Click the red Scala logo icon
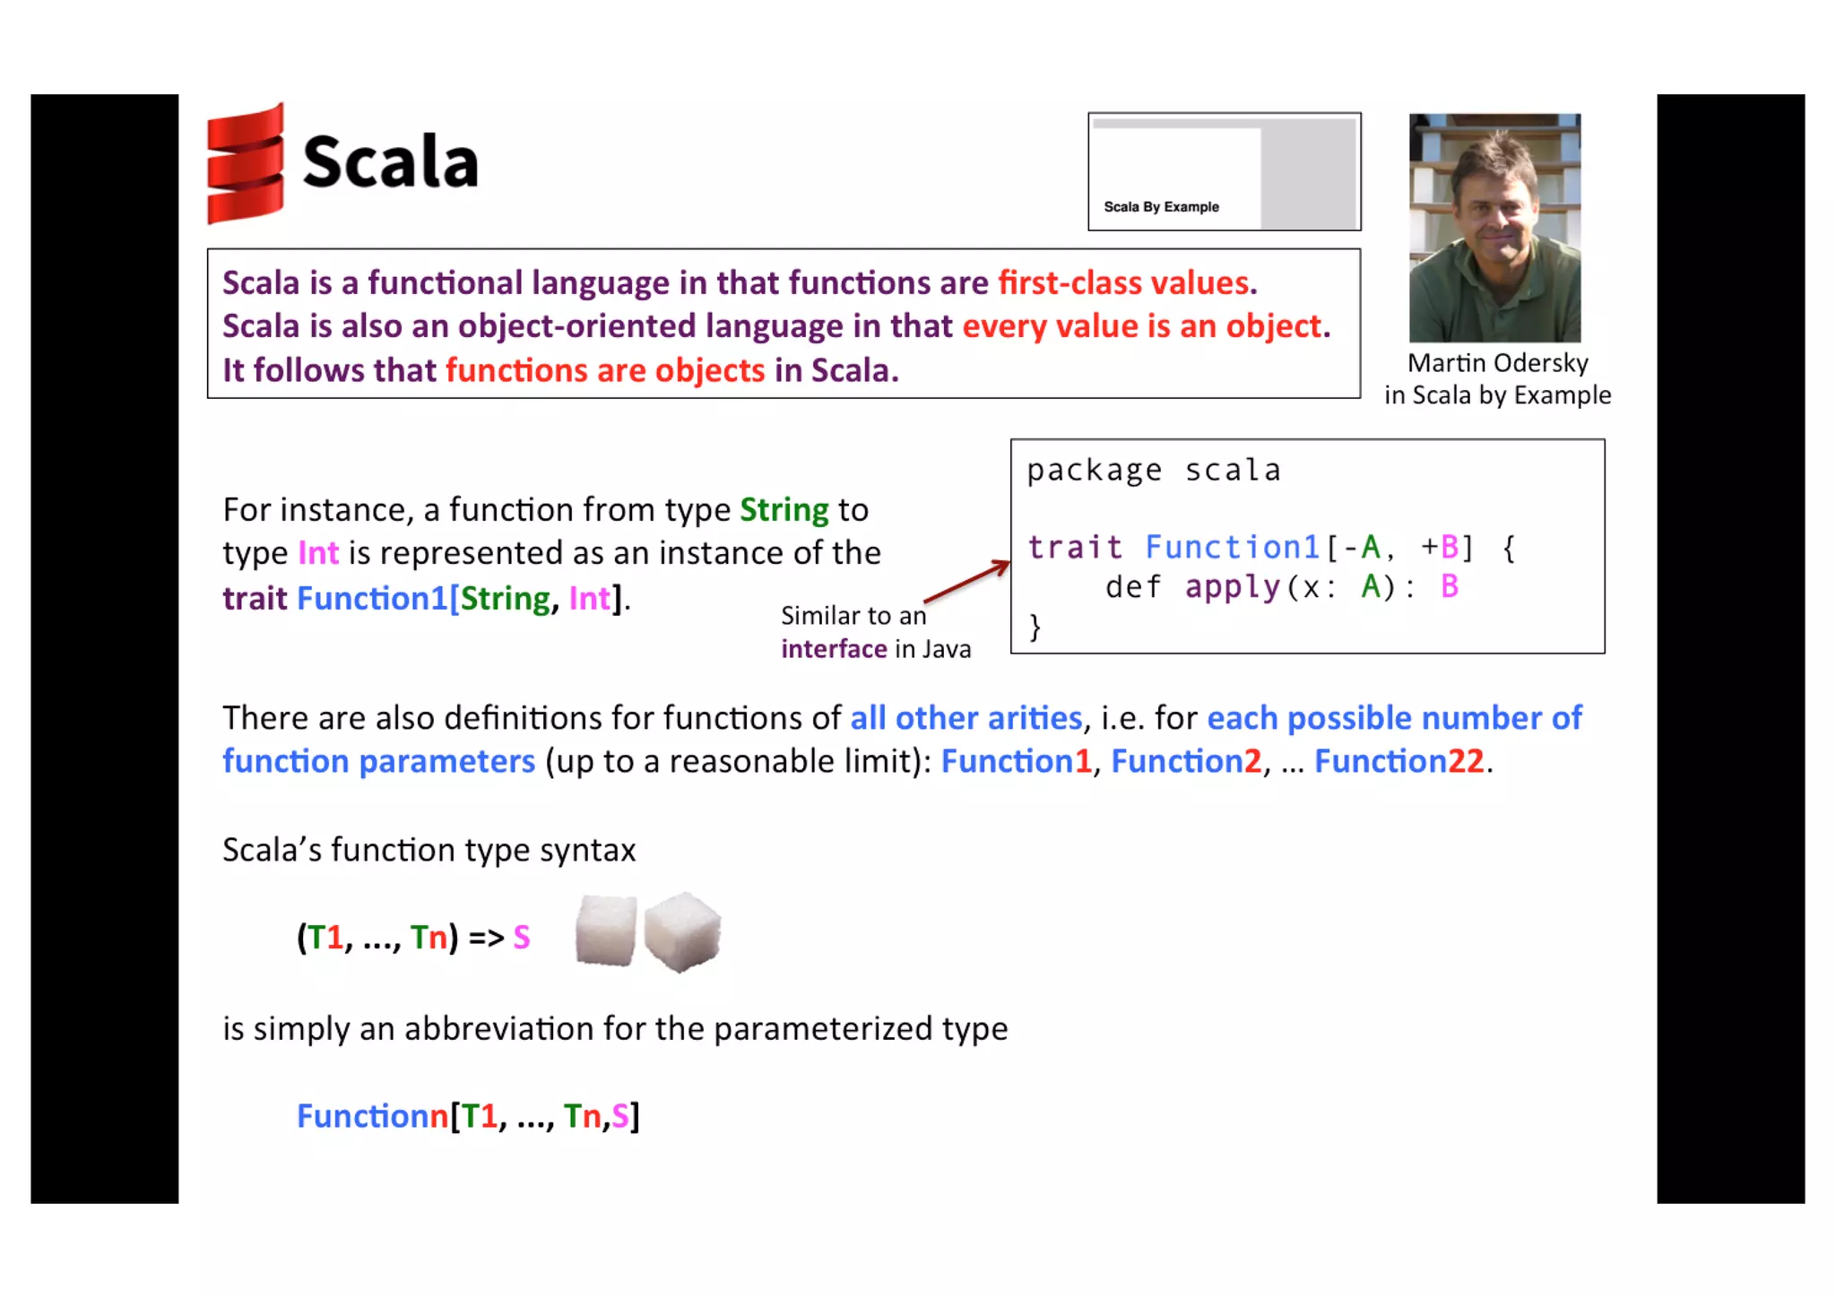pyautogui.click(x=245, y=163)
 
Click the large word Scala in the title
pyautogui.click(x=391, y=162)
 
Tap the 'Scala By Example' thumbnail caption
pyautogui.click(x=1161, y=207)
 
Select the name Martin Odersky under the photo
pyautogui.click(x=1497, y=363)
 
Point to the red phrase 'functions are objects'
pyautogui.click(x=605, y=370)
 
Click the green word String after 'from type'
pyautogui.click(x=784, y=510)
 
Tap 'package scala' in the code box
pyautogui.click(x=1153, y=471)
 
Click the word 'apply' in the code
pyautogui.click(x=1234, y=587)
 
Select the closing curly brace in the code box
pyautogui.click(x=1035, y=626)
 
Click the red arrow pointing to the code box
pyautogui.click(x=966, y=581)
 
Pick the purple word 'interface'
pyautogui.click(x=834, y=649)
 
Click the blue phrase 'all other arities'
pyautogui.click(x=966, y=718)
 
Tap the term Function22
pyautogui.click(x=1399, y=762)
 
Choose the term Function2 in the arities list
pyautogui.click(x=1186, y=762)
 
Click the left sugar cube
pyautogui.click(x=606, y=931)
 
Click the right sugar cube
pyautogui.click(x=682, y=931)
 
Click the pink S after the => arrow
pyautogui.click(x=522, y=938)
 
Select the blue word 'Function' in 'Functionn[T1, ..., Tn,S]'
pyautogui.click(x=363, y=1117)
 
